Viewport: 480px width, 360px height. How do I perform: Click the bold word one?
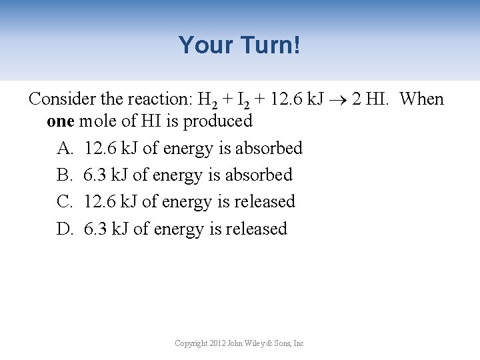[61, 121]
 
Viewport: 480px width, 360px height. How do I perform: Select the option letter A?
[65, 148]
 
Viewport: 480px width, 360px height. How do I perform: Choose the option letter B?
[64, 175]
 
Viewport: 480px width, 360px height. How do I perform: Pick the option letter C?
[64, 201]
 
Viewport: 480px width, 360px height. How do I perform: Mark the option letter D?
[65, 229]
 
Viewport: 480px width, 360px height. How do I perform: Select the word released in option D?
[257, 229]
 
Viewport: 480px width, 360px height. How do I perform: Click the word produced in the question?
[217, 121]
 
